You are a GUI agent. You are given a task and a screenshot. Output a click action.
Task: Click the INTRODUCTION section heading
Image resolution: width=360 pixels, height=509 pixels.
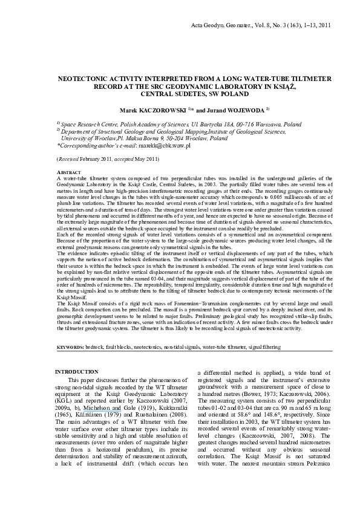click(x=77, y=371)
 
